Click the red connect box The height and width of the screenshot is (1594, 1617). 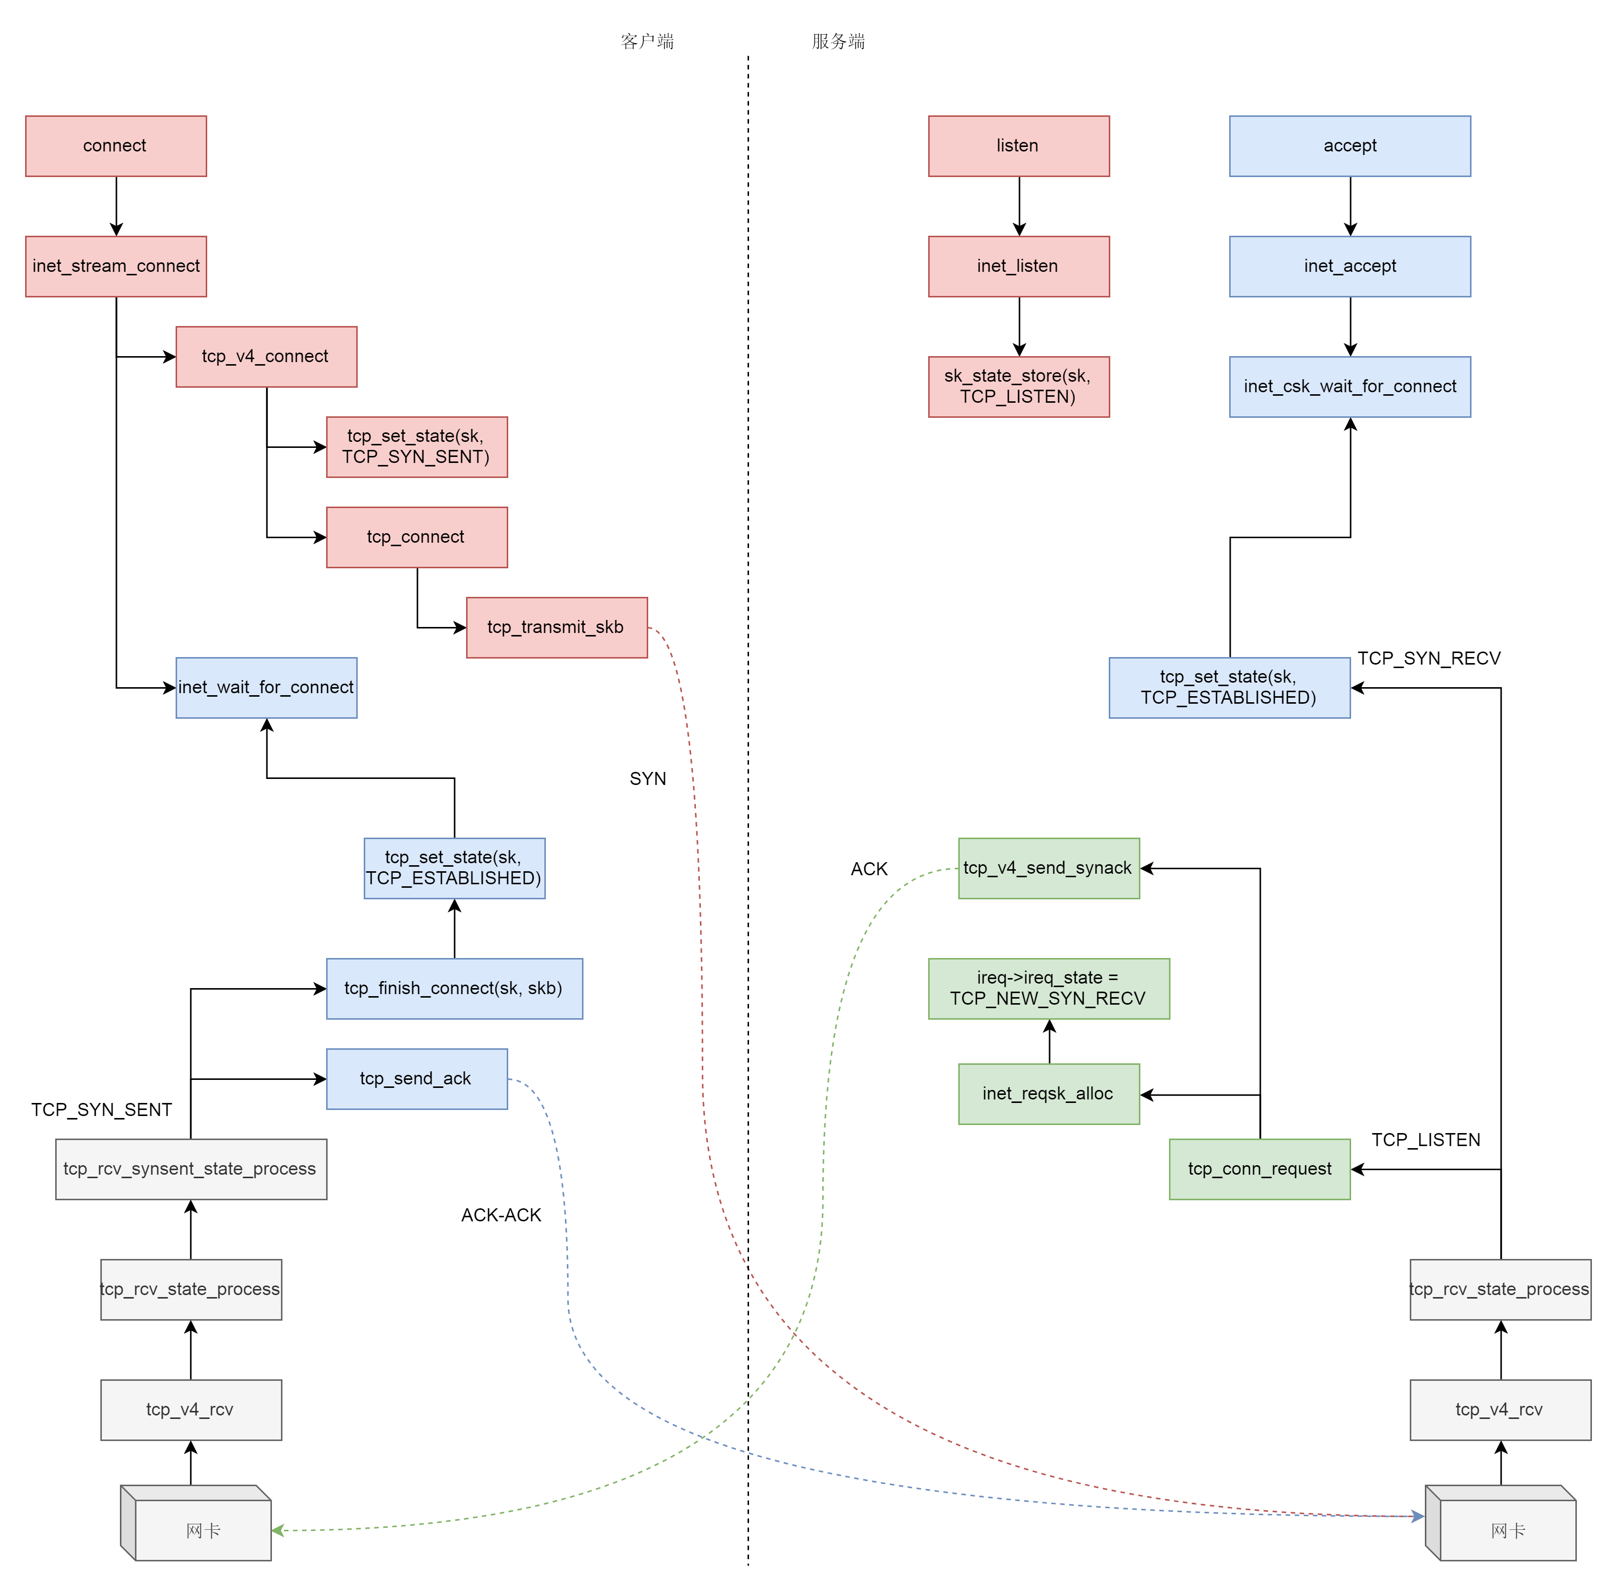pos(115,146)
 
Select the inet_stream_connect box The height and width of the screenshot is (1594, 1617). pos(115,266)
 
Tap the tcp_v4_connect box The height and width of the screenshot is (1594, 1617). pos(266,357)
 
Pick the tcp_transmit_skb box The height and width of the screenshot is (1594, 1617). pos(556,627)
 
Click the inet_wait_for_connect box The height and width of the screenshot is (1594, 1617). pos(266,688)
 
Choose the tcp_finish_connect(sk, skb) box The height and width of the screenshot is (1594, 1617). pos(455,989)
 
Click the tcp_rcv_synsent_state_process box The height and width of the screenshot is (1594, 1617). pos(191,1169)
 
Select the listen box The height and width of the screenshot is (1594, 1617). pos(1018,146)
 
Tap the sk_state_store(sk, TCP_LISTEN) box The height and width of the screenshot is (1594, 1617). pos(1018,387)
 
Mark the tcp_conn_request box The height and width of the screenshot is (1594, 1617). pos(1260,1169)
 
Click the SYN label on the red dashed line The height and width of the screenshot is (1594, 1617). pos(648,779)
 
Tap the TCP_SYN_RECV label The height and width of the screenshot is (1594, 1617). pos(1429,659)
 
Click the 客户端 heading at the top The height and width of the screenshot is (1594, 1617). pos(647,42)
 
